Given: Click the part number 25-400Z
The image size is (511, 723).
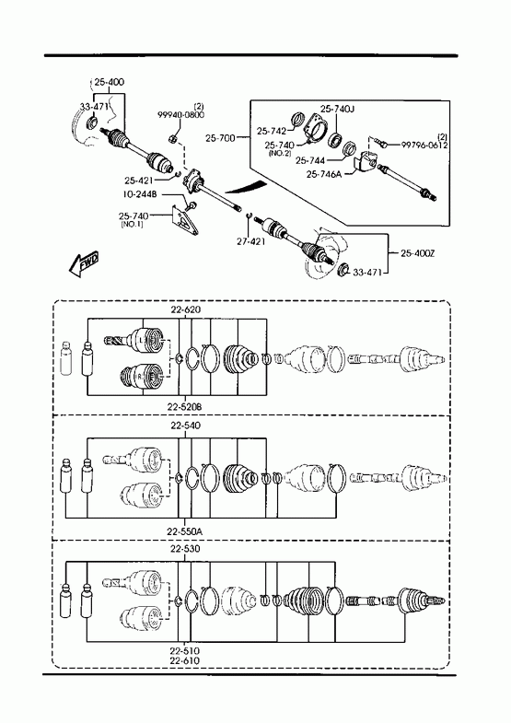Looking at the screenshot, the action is click(x=418, y=253).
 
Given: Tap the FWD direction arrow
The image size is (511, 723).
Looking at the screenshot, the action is click(x=83, y=264).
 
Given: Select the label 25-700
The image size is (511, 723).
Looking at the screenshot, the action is click(x=220, y=138).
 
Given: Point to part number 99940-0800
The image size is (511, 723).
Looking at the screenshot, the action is click(x=181, y=115).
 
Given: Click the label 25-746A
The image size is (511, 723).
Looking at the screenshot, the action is click(x=324, y=174).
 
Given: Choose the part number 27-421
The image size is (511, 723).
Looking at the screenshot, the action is click(x=250, y=241).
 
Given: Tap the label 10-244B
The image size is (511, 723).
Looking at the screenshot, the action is click(x=140, y=195).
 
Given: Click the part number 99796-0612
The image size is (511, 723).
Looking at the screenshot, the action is click(x=424, y=145).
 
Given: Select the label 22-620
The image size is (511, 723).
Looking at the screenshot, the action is click(x=186, y=309).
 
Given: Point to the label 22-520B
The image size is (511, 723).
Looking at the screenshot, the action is click(x=184, y=407).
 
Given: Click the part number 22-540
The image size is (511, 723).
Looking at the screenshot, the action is click(x=185, y=426).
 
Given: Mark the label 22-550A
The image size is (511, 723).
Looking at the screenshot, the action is click(x=184, y=531).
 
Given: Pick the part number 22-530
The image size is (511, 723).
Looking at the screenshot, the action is click(x=185, y=549).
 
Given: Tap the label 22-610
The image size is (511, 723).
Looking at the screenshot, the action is click(x=184, y=660).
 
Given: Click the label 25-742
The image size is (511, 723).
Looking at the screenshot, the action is click(x=272, y=132).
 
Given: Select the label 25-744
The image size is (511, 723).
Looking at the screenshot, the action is click(x=310, y=160).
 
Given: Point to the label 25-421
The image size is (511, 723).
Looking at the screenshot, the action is click(x=139, y=181).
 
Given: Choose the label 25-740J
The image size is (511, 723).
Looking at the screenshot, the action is click(x=337, y=110).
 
